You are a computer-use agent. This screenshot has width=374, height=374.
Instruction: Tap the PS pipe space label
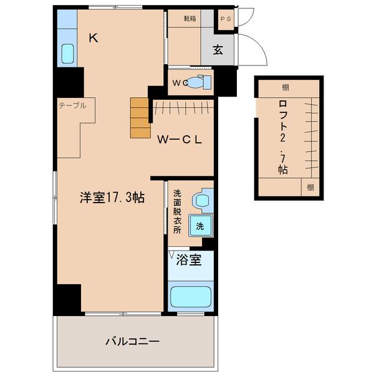point(224,19)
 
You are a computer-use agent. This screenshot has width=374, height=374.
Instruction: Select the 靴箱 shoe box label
point(189,19)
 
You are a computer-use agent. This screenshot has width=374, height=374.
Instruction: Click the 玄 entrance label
point(218,50)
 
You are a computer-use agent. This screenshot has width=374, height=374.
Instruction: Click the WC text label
point(180,82)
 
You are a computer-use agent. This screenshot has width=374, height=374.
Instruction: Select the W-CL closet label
point(179,140)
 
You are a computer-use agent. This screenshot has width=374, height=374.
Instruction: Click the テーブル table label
point(72,105)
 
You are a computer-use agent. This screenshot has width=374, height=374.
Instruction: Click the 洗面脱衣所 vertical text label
point(177,212)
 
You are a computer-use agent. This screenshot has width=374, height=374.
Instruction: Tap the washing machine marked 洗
point(200,226)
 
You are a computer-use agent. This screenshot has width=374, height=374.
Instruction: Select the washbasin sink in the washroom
point(201,199)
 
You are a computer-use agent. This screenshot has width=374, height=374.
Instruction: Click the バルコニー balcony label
point(132,342)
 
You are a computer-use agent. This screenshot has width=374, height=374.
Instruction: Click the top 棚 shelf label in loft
point(285,88)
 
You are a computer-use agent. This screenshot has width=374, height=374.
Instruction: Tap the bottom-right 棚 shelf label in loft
point(310,187)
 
